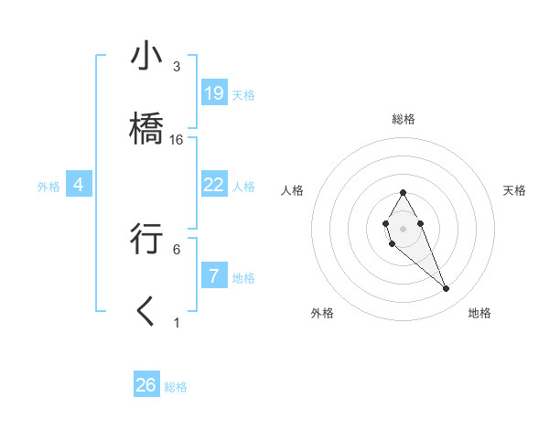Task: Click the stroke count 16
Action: point(177,140)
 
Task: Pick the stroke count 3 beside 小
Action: point(177,67)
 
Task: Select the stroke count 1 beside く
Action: point(177,323)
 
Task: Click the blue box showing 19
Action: point(213,92)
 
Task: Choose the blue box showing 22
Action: point(213,185)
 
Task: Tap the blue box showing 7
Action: point(213,275)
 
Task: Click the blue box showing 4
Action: point(79,185)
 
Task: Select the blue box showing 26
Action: point(146,385)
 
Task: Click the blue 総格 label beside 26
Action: point(176,387)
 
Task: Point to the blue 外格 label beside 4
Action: point(48,187)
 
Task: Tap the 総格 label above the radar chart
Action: point(403,119)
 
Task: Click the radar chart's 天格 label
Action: point(515,190)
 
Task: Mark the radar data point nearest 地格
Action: point(447,289)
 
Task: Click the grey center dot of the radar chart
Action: point(403,227)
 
